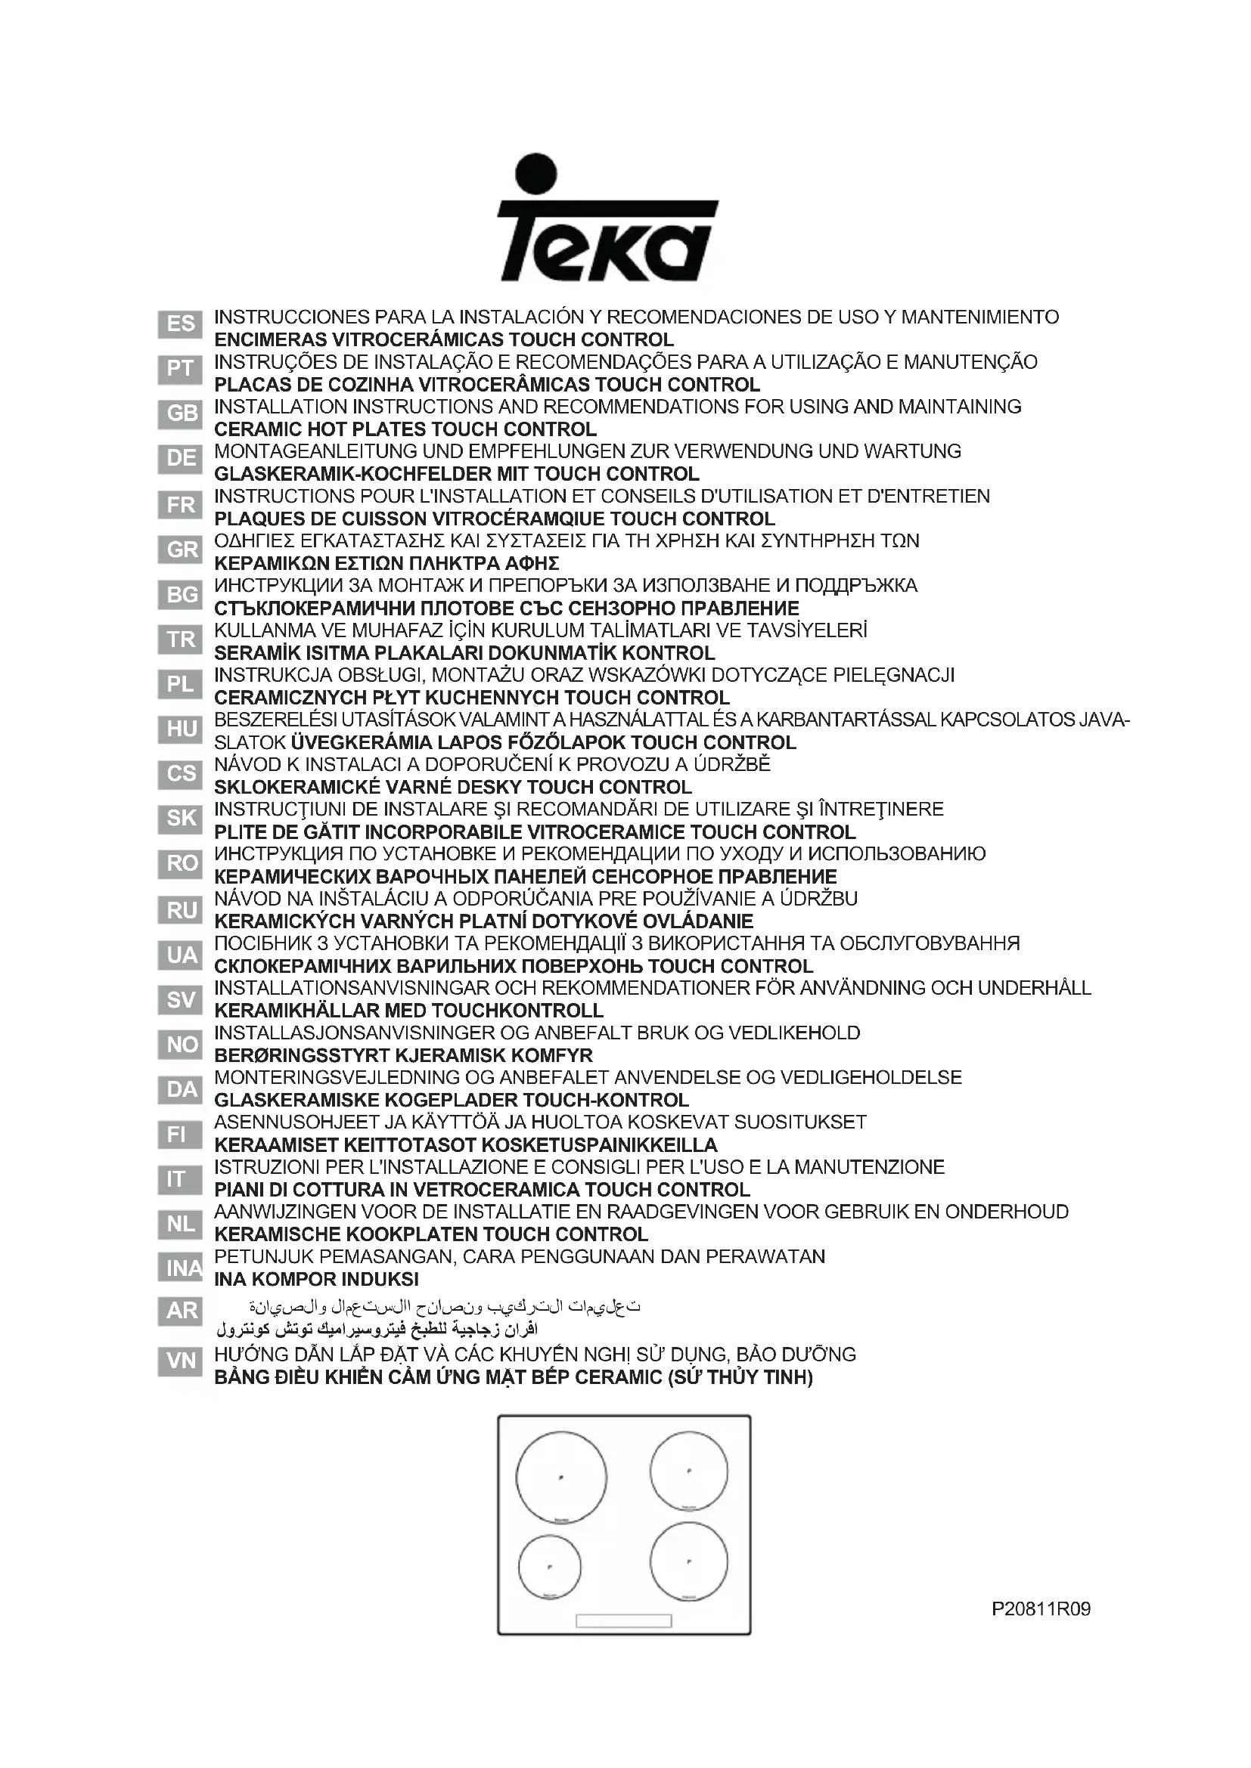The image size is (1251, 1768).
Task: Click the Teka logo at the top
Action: [607, 219]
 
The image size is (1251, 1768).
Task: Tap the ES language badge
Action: [180, 324]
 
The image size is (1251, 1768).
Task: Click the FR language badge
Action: [180, 504]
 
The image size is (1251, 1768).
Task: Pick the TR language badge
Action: [180, 639]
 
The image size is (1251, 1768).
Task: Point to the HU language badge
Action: [180, 729]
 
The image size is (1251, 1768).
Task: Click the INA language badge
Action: [182, 1268]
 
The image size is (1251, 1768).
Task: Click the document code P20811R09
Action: [1041, 1609]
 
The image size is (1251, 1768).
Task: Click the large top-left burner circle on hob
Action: [560, 1477]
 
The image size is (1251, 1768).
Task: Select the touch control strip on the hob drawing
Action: [623, 1620]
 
